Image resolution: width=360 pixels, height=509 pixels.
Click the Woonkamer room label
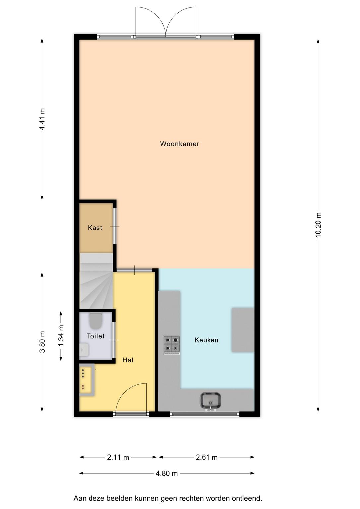(180, 144)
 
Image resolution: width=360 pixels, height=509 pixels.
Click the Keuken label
(207, 340)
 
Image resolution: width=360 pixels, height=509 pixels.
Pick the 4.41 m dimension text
(42, 119)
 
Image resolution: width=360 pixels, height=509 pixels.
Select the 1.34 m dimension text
(61, 336)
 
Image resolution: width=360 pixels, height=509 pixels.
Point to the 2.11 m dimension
(118, 457)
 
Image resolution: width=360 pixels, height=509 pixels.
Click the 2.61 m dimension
(207, 457)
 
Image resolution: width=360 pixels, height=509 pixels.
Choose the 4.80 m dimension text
(167, 473)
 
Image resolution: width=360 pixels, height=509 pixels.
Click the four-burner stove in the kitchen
(172, 345)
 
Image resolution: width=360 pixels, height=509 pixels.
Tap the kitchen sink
(210, 402)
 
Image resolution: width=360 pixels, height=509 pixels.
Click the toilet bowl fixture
(95, 321)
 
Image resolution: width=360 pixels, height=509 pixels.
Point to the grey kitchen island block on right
(243, 330)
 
